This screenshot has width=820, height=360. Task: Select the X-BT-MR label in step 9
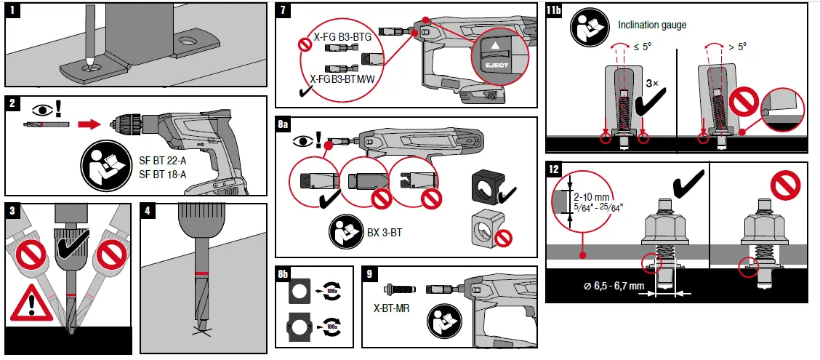(391, 308)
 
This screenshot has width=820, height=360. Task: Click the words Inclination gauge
(652, 25)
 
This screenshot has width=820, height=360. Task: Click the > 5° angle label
(737, 47)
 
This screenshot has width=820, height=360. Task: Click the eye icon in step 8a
(303, 140)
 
